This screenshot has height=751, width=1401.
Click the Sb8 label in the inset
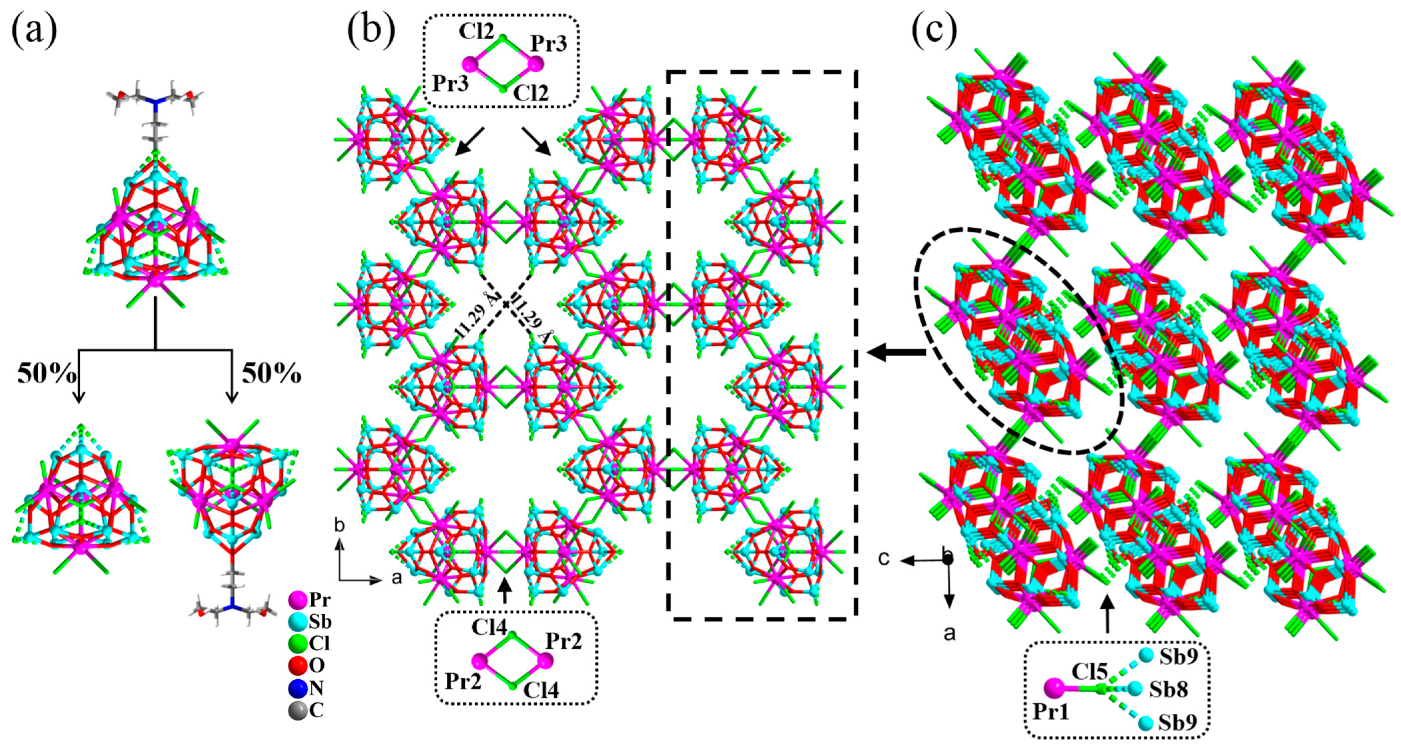[1168, 690]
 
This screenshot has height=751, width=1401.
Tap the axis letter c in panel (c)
[884, 559]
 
